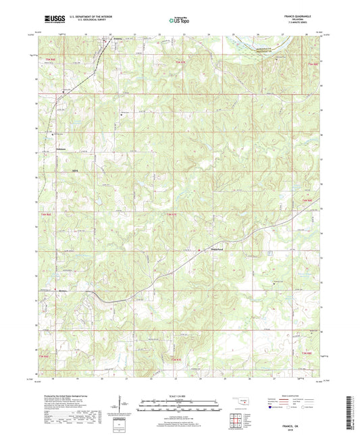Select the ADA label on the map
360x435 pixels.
(66, 172)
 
